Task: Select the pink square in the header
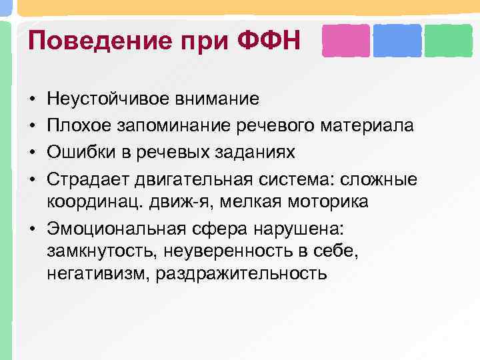pyautogui.click(x=345, y=41)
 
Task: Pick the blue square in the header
pyautogui.click(x=397, y=41)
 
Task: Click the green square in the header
pyautogui.click(x=448, y=41)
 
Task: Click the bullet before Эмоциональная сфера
pyautogui.click(x=33, y=229)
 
